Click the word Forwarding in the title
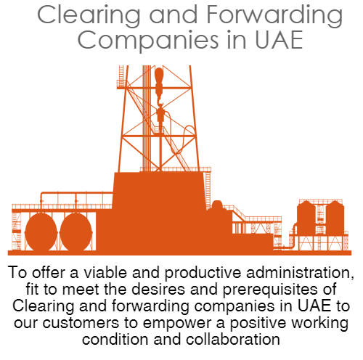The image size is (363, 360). coord(274,16)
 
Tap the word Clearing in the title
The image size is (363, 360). coord(89,16)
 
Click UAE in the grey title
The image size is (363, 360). coord(279,40)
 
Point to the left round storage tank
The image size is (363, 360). coord(41,232)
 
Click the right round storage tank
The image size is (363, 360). coord(76,232)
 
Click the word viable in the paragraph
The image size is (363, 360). coord(105,272)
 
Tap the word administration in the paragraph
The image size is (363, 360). coord(300,273)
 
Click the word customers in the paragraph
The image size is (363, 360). coord(81,323)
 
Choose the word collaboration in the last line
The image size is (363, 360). coord(233,339)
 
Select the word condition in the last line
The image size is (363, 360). coord(115,339)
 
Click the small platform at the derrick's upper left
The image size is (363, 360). coord(121,84)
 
